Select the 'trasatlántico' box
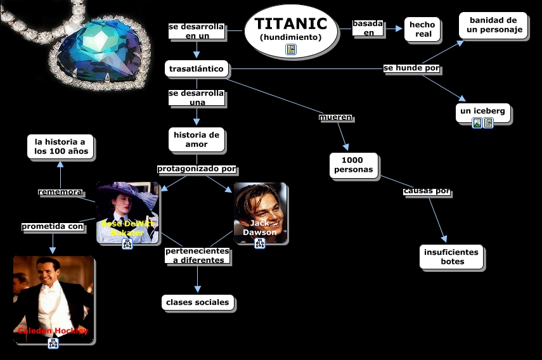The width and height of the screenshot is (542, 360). click(196, 68)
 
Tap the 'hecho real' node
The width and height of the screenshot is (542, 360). click(422, 29)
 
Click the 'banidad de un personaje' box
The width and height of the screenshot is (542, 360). click(493, 25)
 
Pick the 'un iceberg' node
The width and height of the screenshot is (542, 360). click(482, 112)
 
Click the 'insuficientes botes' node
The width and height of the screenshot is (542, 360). click(451, 257)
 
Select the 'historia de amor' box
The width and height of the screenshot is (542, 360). click(197, 139)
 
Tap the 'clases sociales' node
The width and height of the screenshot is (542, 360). click(197, 302)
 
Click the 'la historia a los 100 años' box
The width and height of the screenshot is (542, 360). click(60, 146)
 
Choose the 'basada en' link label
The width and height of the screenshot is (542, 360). click(368, 28)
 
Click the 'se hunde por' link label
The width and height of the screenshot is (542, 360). click(411, 68)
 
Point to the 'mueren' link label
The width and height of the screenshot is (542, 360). click(335, 117)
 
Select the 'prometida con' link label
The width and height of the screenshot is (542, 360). click(53, 226)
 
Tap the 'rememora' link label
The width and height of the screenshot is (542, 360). click(60, 192)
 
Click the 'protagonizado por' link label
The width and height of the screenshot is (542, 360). click(197, 169)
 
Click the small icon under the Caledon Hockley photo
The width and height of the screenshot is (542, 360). click(53, 344)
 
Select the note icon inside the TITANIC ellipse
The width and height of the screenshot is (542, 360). click(291, 49)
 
